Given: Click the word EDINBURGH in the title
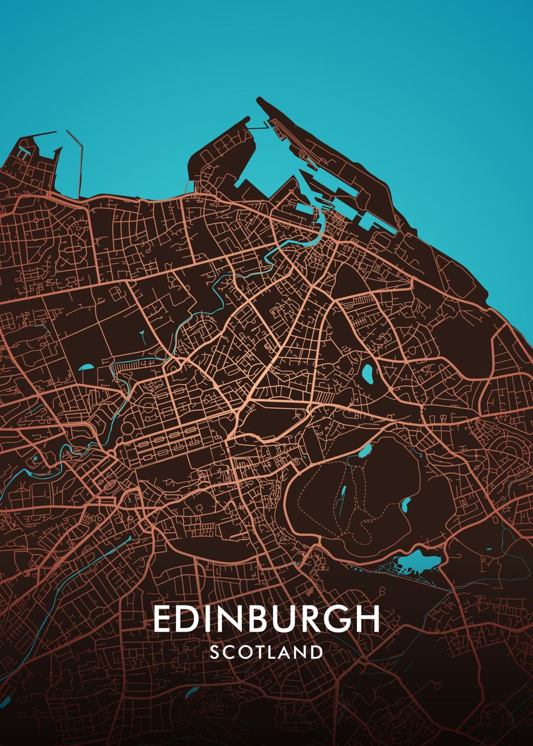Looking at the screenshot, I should coord(266,619).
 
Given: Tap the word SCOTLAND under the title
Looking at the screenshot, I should coord(266,652).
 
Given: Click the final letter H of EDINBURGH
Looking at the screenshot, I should coord(366,619).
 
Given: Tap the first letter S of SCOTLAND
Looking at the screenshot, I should coord(215,652).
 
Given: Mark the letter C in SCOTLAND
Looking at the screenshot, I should coord(229,652).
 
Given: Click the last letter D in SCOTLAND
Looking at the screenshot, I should coord(317,652).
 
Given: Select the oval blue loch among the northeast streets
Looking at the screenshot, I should coord(368,373).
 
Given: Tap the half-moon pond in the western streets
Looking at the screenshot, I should coord(86,367).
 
